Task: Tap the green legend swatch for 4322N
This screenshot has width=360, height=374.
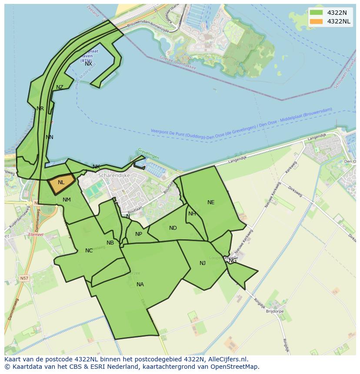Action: tap(316, 13)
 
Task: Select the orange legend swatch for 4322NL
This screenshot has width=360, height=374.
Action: tap(316, 21)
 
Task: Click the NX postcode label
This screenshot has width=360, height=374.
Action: tap(88, 64)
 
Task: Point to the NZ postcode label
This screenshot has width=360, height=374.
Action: tap(60, 87)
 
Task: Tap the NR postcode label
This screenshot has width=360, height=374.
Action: tap(40, 109)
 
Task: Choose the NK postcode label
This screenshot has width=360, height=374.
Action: tap(96, 167)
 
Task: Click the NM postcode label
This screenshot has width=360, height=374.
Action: tap(67, 200)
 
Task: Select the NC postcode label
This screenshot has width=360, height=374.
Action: tap(89, 251)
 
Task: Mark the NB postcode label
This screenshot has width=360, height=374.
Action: tap(110, 243)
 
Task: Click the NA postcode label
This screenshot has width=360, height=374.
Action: tap(140, 285)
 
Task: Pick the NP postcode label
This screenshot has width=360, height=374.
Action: tap(139, 234)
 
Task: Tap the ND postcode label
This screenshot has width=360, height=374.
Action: tap(173, 228)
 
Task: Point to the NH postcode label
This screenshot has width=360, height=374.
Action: tap(192, 214)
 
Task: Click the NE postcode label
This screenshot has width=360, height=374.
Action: tap(211, 202)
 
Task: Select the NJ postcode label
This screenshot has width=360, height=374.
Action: tap(203, 263)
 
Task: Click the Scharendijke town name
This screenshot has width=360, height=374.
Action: tap(114, 175)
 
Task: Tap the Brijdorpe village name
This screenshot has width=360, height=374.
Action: tap(275, 311)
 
